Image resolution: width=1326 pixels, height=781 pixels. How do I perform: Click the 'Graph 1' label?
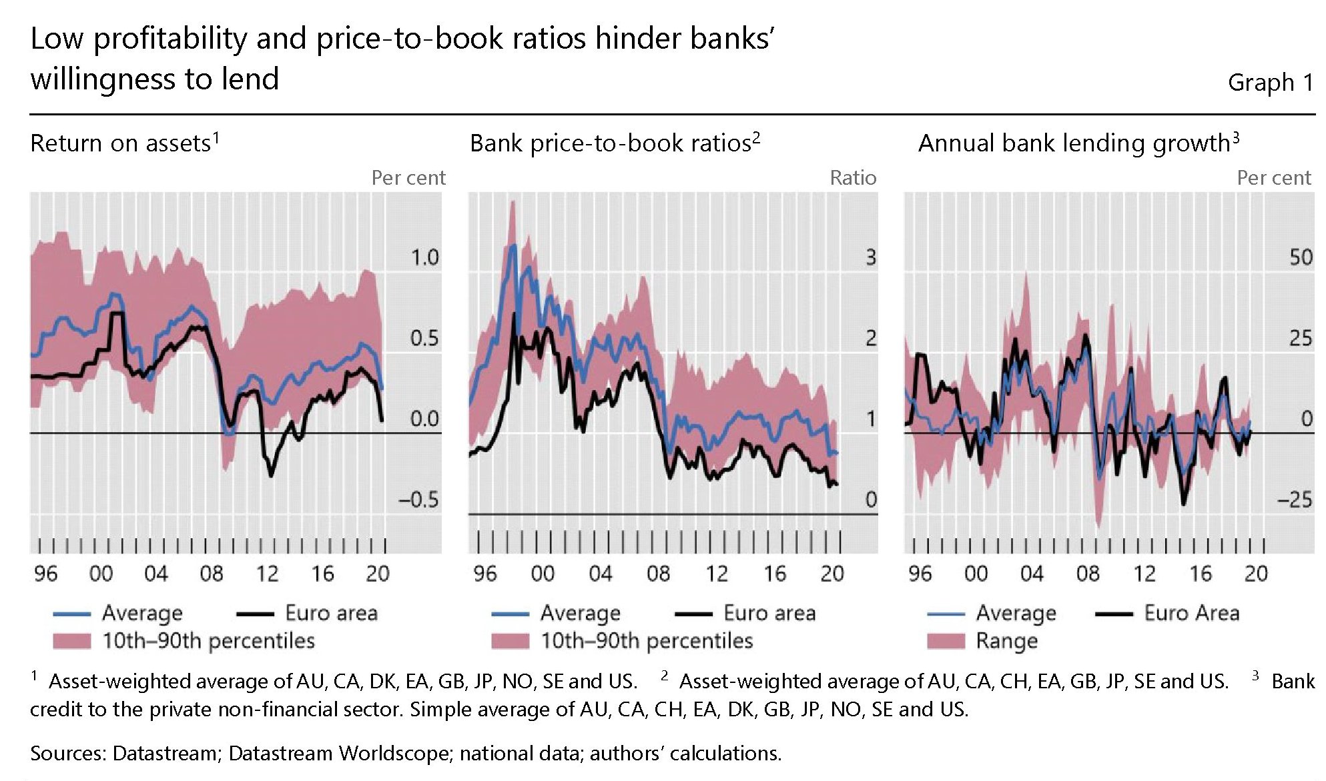[x=1270, y=83]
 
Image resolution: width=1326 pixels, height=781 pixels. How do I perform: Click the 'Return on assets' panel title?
[x=121, y=143]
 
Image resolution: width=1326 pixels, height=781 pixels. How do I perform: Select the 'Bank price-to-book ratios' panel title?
[x=611, y=143]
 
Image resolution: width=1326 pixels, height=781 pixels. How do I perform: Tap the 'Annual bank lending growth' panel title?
[x=1074, y=143]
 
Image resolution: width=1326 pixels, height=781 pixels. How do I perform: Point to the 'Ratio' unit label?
[x=852, y=178]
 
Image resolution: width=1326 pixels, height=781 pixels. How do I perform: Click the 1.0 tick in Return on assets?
[x=424, y=257]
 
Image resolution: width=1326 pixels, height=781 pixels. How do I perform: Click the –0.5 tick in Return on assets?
[x=418, y=500]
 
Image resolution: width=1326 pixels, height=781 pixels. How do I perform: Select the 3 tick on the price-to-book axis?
[x=870, y=257]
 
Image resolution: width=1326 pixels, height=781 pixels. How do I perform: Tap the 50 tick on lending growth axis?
[x=1300, y=257]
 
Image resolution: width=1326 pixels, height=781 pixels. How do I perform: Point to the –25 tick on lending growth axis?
[x=1294, y=500]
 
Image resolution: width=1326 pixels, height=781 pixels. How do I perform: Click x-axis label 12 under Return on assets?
[x=267, y=574]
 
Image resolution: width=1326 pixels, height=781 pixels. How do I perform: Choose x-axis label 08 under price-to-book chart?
[x=658, y=574]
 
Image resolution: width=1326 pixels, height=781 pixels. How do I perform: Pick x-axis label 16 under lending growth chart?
[x=1200, y=574]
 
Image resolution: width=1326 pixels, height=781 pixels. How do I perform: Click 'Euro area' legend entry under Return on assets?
[x=331, y=613]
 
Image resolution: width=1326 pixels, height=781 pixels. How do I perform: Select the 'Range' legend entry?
[x=1006, y=641]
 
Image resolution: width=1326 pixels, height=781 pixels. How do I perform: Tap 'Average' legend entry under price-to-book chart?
[x=580, y=613]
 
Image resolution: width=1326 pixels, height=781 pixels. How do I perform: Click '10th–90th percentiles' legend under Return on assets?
[x=208, y=641]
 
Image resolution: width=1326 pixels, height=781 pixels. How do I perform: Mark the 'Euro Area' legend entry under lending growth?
[x=1191, y=613]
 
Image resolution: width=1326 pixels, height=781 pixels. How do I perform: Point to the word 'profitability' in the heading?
[x=170, y=39]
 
